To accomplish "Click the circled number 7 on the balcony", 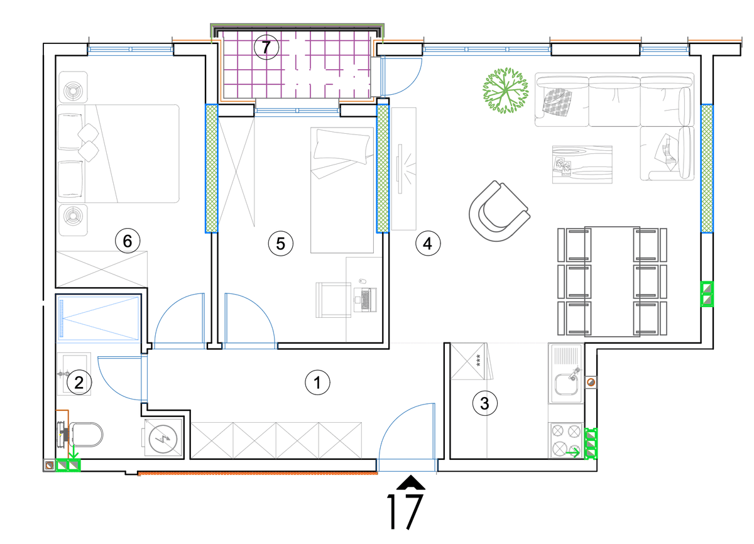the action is tap(266, 48).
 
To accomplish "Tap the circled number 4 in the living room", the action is tap(428, 243).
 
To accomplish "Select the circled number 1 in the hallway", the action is tap(317, 382).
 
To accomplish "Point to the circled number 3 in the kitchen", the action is tap(484, 403).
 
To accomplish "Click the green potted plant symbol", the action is tap(506, 90).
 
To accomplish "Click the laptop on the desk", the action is tap(366, 300).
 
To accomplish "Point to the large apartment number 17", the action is tap(405, 512).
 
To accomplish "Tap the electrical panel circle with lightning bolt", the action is tap(163, 438).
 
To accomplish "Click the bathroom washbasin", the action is tap(74, 374).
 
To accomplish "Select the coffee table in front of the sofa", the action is tap(582, 165).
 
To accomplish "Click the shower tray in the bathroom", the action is tap(98, 318).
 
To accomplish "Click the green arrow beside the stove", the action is tap(573, 453).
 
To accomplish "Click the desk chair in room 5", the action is tap(334, 300).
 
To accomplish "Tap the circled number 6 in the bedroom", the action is tap(128, 241).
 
